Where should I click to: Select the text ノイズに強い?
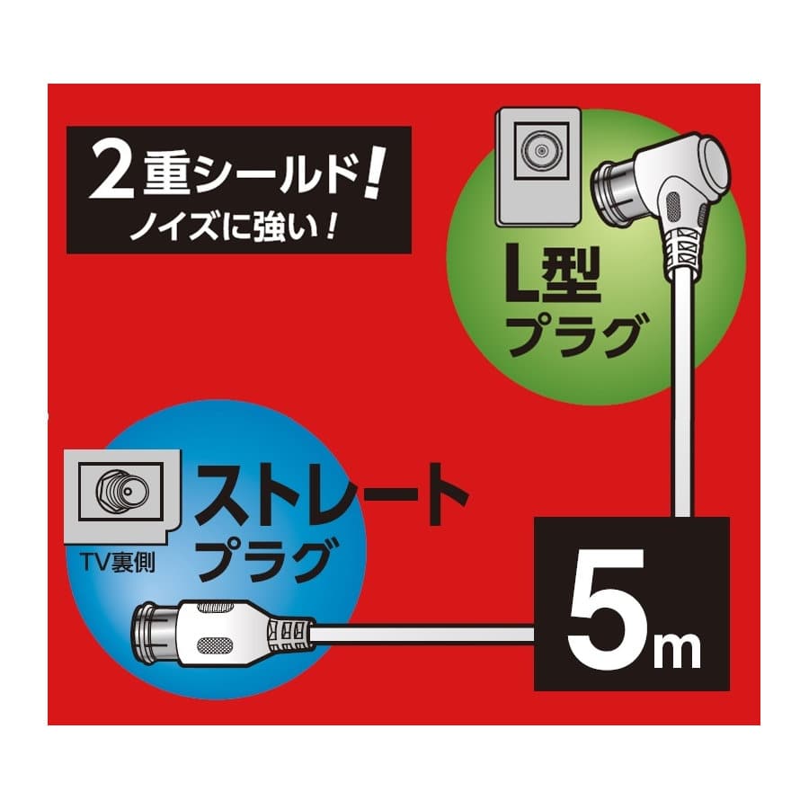[x=226, y=225]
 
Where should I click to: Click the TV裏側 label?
[x=117, y=563]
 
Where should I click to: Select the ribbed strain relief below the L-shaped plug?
[x=683, y=251]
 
